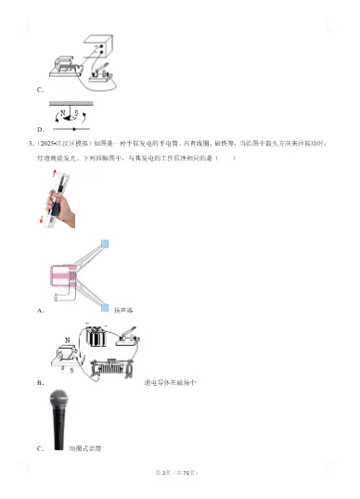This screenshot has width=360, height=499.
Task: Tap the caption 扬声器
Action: point(124,311)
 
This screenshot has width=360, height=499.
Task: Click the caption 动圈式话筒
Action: point(84,449)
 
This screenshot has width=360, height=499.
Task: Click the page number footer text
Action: point(179,473)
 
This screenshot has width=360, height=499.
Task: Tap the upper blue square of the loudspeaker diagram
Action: point(104,244)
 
